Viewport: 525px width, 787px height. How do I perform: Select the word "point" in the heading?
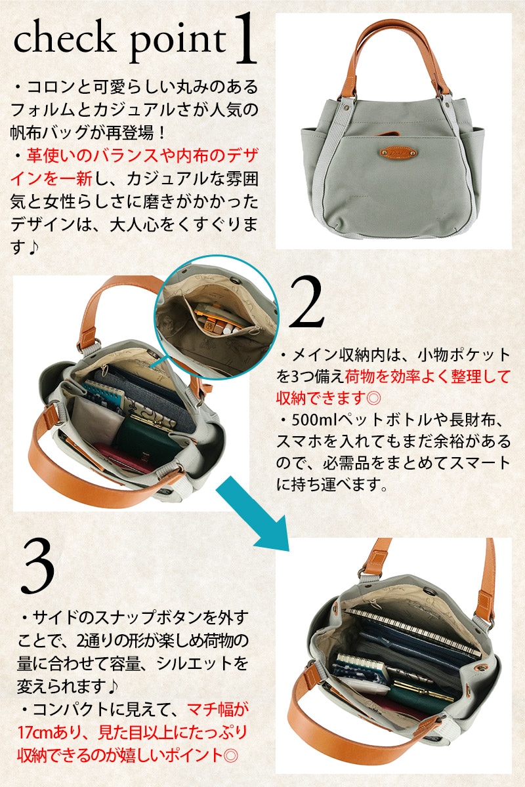tap(178, 41)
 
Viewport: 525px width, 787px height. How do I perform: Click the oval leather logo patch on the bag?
tap(398, 153)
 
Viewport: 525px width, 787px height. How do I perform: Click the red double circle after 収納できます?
tap(373, 398)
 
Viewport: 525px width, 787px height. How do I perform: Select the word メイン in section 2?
tap(314, 355)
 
